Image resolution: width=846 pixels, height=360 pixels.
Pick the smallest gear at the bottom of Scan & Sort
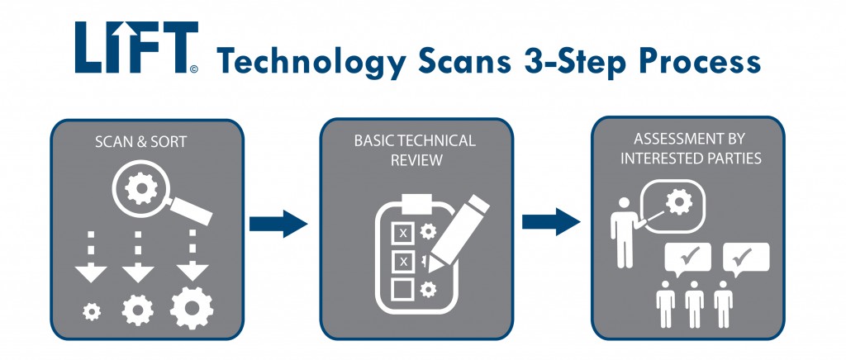pyautogui.click(x=93, y=311)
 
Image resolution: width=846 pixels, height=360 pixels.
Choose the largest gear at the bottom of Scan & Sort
pyautogui.click(x=192, y=308)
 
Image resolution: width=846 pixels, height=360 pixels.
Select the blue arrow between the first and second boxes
pyautogui.click(x=278, y=223)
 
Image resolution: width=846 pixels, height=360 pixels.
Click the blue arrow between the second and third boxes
pyautogui.click(x=549, y=221)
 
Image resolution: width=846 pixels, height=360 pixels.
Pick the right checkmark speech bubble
pyautogui.click(x=746, y=258)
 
